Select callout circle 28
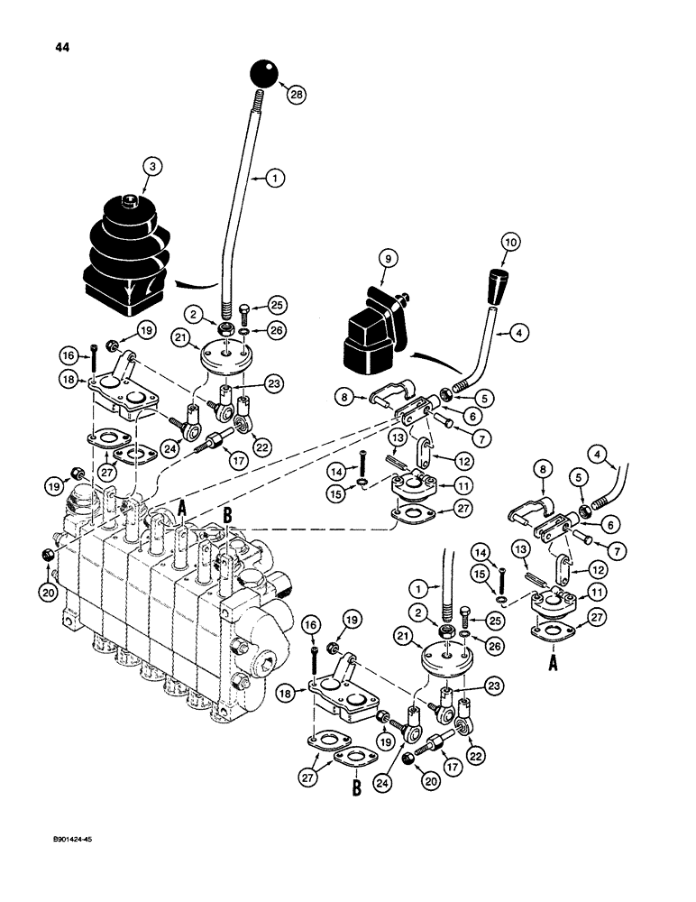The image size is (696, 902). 295,92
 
